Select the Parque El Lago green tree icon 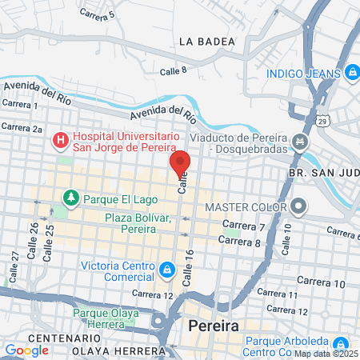coord(70,196)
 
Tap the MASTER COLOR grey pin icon coord(299,207)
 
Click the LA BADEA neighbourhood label coord(207,41)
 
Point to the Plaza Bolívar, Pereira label coord(138,222)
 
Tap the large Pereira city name coord(215,326)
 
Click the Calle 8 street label coord(173,71)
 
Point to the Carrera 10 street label coord(319,283)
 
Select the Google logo coord(26,350)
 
